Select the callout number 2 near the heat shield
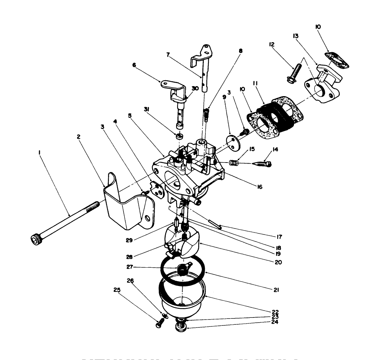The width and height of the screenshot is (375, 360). (x=79, y=137)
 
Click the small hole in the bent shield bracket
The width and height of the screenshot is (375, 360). (x=147, y=218)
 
